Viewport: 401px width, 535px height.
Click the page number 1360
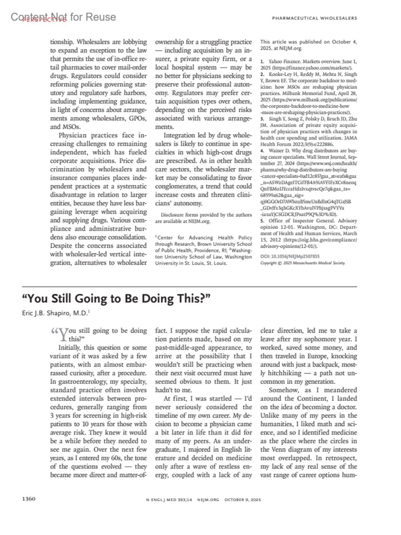[29, 499]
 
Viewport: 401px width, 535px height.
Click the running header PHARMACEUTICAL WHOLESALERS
[314, 18]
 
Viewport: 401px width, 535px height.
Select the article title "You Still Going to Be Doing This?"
[116, 298]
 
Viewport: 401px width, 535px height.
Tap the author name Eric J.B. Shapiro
[54, 313]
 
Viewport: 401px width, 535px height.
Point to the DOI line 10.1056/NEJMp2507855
[290, 256]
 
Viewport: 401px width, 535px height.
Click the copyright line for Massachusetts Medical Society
[303, 263]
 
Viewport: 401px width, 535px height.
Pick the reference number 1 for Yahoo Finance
[262, 62]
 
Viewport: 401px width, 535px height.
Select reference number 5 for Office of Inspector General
[262, 221]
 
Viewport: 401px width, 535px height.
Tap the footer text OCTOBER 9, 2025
[243, 500]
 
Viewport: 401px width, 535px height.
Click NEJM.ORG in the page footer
[208, 500]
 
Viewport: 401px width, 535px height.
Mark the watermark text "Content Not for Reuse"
[63, 17]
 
